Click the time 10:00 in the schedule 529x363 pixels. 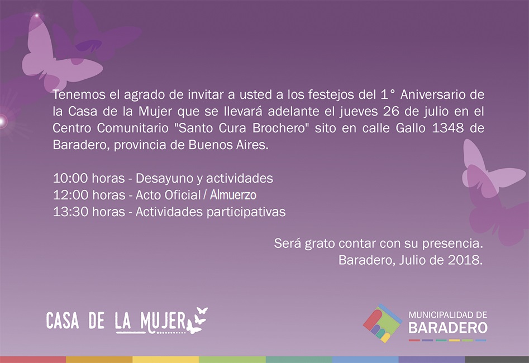click(x=70, y=179)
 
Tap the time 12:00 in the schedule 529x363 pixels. click(x=70, y=195)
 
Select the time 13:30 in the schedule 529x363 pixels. click(x=70, y=212)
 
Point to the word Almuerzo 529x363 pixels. click(x=233, y=195)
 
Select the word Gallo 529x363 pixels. click(x=411, y=128)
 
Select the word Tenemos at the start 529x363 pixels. click(x=79, y=95)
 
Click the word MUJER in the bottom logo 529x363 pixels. click(x=163, y=321)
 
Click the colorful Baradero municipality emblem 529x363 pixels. click(x=383, y=323)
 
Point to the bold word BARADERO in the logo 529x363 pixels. click(x=448, y=328)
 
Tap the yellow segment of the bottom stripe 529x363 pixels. click(x=166, y=360)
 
